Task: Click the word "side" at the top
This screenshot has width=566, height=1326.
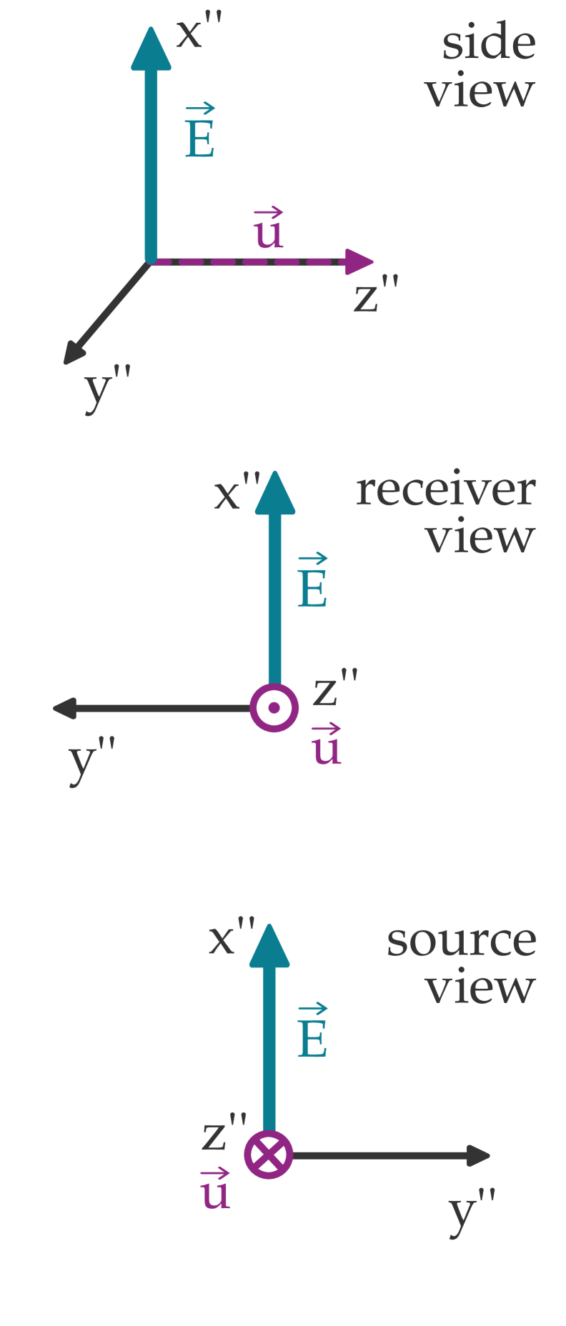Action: [x=488, y=44]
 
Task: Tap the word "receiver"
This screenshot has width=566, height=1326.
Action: [x=445, y=491]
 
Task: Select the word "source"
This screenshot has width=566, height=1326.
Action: [x=461, y=941]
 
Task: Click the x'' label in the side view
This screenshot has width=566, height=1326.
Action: [x=198, y=33]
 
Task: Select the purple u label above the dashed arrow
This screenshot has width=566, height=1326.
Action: [x=269, y=229]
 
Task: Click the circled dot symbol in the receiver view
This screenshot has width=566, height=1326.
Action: [x=274, y=708]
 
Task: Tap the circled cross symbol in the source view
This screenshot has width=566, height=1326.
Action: [x=269, y=1155]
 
